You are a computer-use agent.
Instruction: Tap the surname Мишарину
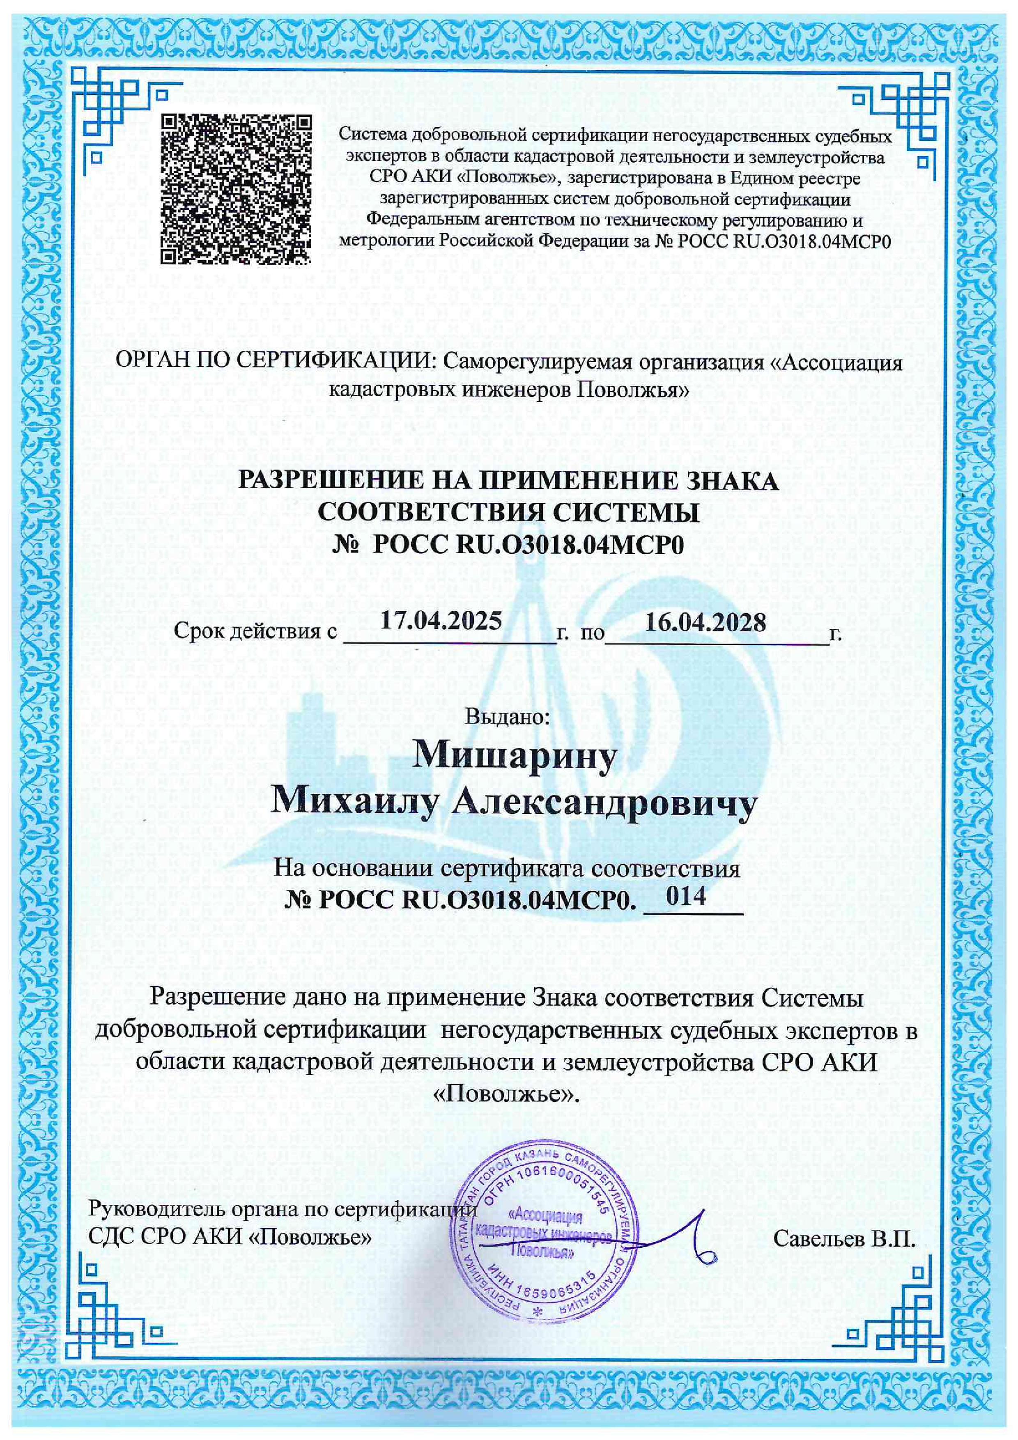508,758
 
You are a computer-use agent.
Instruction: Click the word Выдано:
508,715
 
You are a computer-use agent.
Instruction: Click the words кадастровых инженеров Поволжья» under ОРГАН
509,391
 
